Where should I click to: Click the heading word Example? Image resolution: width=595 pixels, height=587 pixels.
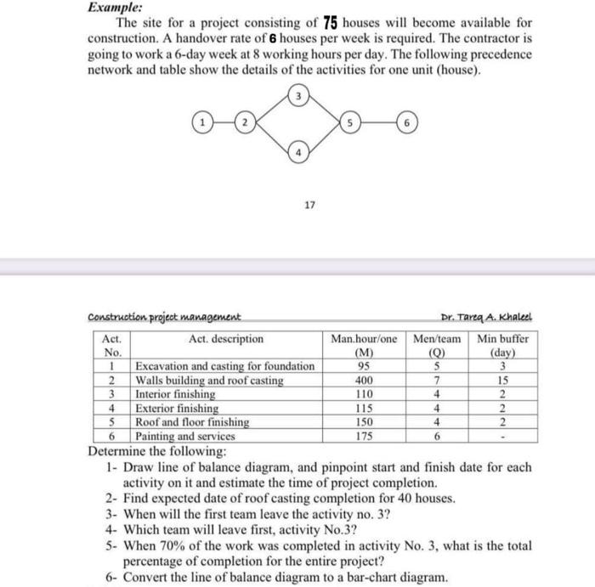115,6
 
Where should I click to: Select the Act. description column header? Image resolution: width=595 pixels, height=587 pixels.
225,338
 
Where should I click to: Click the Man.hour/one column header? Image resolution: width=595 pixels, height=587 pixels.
364,338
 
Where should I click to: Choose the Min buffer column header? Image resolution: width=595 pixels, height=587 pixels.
503,338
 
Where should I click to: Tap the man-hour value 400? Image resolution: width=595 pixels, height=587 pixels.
364,381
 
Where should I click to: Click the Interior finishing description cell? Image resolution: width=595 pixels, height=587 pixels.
176,394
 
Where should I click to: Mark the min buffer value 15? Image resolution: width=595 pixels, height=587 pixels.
503,381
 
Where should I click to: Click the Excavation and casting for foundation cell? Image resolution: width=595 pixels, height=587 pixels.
224,366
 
